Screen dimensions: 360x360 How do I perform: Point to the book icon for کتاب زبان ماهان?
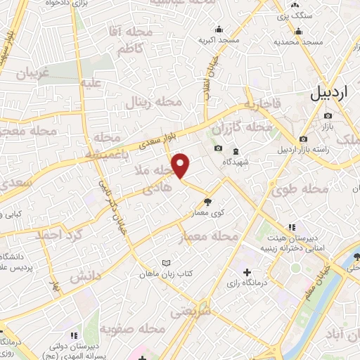(x=167, y=263)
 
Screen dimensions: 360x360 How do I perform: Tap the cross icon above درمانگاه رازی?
(x=247, y=272)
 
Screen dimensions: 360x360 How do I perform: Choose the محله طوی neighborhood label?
(x=289, y=188)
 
